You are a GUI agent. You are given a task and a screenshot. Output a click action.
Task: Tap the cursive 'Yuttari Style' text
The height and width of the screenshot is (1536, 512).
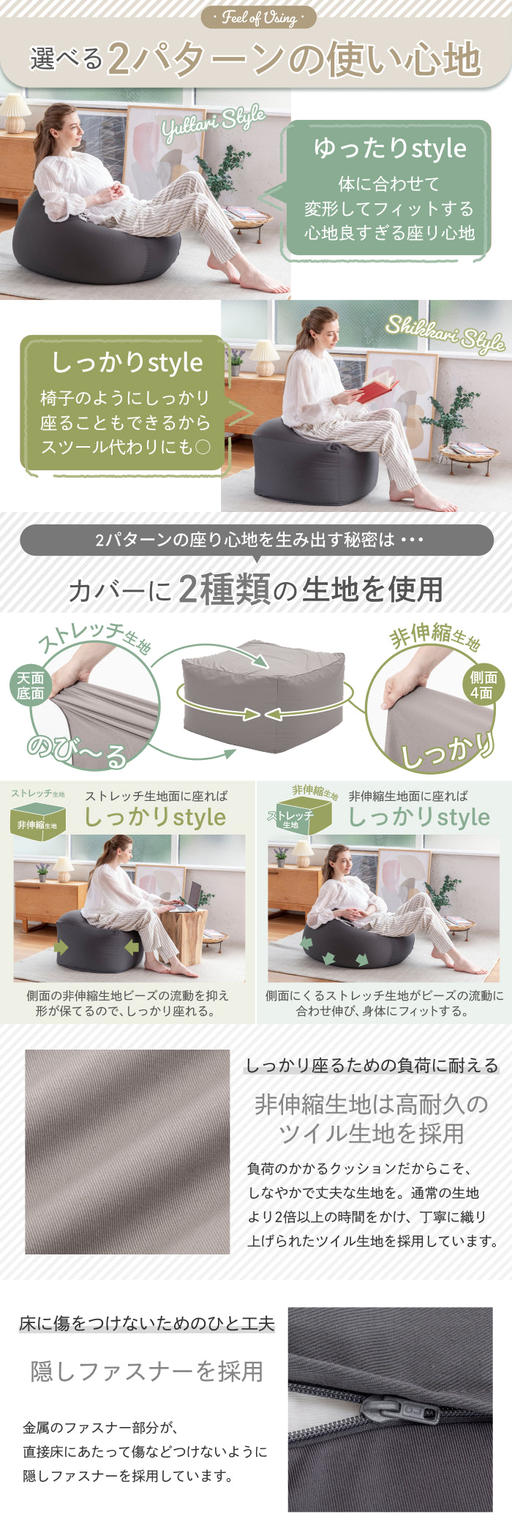tap(214, 124)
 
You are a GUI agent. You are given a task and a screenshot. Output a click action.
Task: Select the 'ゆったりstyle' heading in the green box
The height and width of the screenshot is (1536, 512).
tap(390, 148)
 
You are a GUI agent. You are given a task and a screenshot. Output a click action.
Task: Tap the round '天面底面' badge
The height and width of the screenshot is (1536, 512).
tap(31, 685)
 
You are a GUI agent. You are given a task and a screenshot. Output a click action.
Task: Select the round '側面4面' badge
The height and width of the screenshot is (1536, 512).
tap(483, 685)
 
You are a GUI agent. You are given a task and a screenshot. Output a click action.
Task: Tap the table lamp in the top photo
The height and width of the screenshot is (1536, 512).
tap(15, 113)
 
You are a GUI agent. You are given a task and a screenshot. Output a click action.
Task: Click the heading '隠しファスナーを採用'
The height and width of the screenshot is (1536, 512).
tap(147, 1371)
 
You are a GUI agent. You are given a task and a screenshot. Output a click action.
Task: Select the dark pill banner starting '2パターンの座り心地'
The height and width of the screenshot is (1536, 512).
tap(256, 540)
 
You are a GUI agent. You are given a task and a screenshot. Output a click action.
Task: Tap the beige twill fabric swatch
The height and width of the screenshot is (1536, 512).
tap(127, 1152)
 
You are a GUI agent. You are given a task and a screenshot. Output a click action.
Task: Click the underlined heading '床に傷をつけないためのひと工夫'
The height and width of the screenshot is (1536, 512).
tap(147, 1323)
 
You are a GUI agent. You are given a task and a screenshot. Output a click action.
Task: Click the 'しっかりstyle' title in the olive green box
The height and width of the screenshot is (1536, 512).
tap(127, 363)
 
